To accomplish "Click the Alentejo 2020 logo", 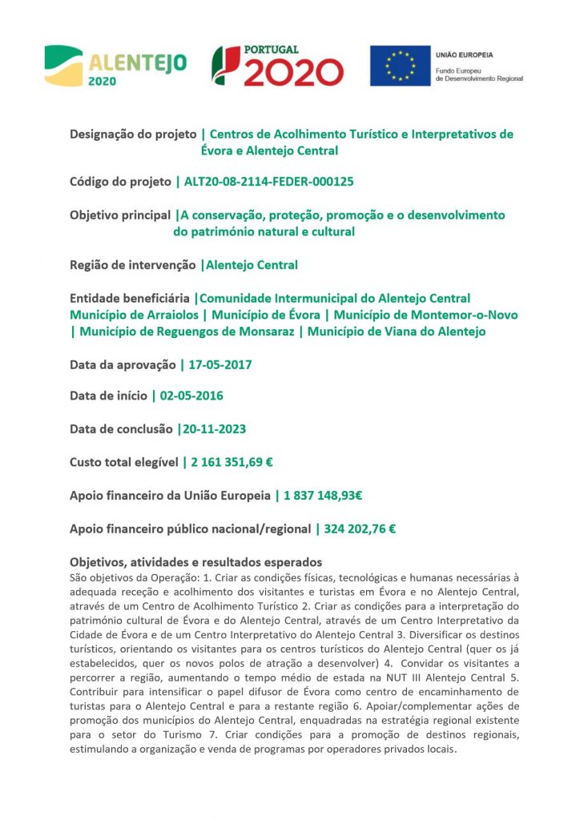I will [115, 66].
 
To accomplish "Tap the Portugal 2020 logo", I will [277, 66].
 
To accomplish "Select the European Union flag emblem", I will [399, 66].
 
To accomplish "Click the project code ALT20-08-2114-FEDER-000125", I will [268, 182].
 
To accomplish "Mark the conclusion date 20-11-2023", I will [213, 429].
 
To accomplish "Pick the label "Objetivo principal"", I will [120, 215].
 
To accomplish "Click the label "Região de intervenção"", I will [132, 265].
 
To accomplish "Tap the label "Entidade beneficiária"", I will [130, 299].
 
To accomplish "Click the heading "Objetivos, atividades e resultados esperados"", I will [195, 562].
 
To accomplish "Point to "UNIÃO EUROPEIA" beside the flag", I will [465, 54].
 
